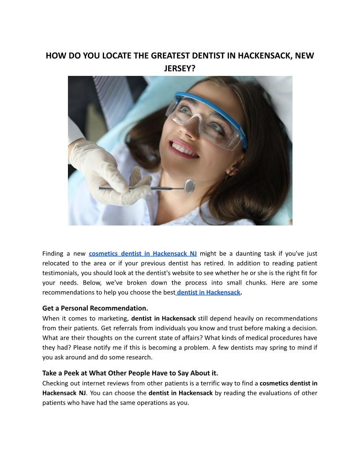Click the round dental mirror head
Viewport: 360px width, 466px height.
point(189,186)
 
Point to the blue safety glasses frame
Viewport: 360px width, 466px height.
point(207,106)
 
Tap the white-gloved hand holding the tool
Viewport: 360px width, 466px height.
point(106,172)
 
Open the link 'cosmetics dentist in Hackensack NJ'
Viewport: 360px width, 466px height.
point(142,254)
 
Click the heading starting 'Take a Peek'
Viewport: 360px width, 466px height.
point(130,373)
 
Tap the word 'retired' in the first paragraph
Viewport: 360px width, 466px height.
point(229,263)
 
